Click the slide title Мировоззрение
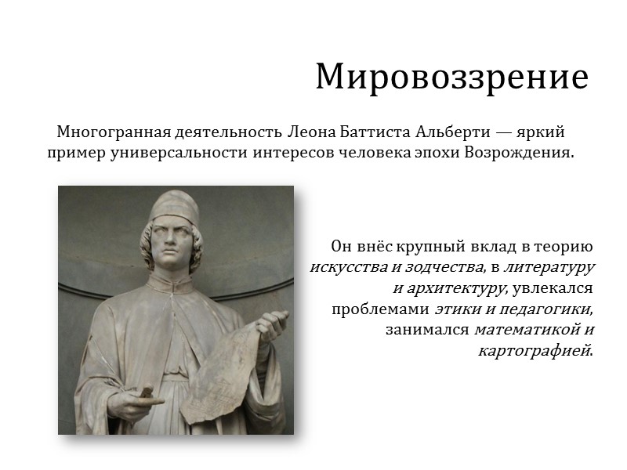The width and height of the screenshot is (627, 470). click(451, 77)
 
